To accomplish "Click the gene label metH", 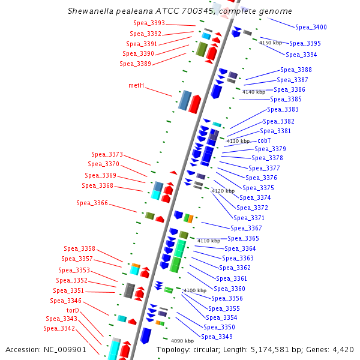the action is (x=136, y=86).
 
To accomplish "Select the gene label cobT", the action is (x=264, y=140).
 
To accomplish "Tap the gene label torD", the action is (x=73, y=310).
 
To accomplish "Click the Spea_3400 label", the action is (x=311, y=28).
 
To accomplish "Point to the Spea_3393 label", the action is (x=148, y=23).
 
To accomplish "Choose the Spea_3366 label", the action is (x=92, y=203).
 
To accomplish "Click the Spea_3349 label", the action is (x=217, y=337).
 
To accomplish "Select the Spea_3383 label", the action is (x=283, y=110).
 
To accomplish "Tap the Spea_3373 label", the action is (x=107, y=155).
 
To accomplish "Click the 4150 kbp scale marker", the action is (x=270, y=43).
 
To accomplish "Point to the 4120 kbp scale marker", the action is (x=223, y=191).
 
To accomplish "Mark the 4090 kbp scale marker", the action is (x=182, y=341).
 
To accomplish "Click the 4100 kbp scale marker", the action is (x=194, y=290).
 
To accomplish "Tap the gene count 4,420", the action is (x=342, y=350).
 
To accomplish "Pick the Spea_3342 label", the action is (x=59, y=329).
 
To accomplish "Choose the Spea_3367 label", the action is (x=246, y=229).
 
